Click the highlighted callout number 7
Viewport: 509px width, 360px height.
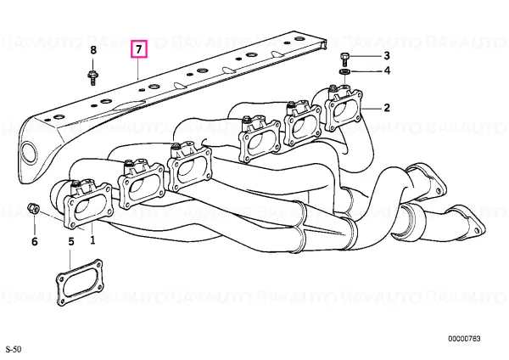pos(139,49)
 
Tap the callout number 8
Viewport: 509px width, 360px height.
pos(93,50)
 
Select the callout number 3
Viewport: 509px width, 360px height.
pos(387,55)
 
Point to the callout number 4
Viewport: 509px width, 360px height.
pos(387,70)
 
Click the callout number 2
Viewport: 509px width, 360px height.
pos(386,108)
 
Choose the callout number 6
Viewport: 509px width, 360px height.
pos(35,241)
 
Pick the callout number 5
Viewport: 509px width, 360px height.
pos(71,241)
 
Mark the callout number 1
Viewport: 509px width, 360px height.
pos(92,240)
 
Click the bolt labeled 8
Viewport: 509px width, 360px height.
pos(92,77)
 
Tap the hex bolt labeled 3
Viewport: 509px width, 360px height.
pos(344,59)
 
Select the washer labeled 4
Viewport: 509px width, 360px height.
pos(344,71)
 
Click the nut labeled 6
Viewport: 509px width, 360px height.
pos(34,208)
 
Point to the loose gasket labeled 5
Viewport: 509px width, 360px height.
pos(80,283)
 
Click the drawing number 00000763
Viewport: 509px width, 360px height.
pos(464,339)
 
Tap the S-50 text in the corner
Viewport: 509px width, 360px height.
pos(14,350)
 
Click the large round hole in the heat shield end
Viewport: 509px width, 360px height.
pos(28,152)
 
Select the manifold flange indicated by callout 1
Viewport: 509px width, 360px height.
pos(87,206)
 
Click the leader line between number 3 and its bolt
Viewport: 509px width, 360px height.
pos(365,56)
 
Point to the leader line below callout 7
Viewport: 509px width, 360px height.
pos(138,69)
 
